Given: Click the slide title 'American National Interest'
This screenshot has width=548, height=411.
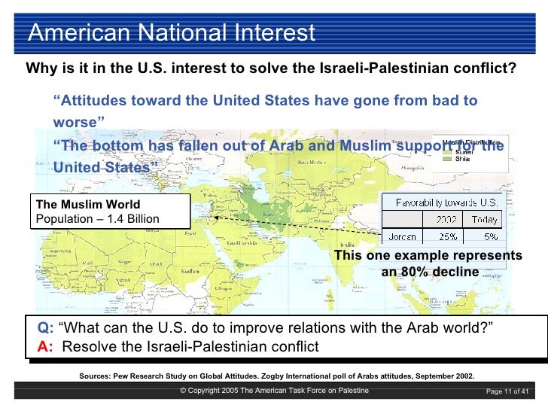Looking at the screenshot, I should coord(171,33).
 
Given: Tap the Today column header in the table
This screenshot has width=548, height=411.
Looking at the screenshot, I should coord(484,220).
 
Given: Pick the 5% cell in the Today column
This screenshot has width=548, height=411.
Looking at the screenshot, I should coord(490,236).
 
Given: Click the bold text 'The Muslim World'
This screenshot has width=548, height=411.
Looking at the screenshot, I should coord(88,204).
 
